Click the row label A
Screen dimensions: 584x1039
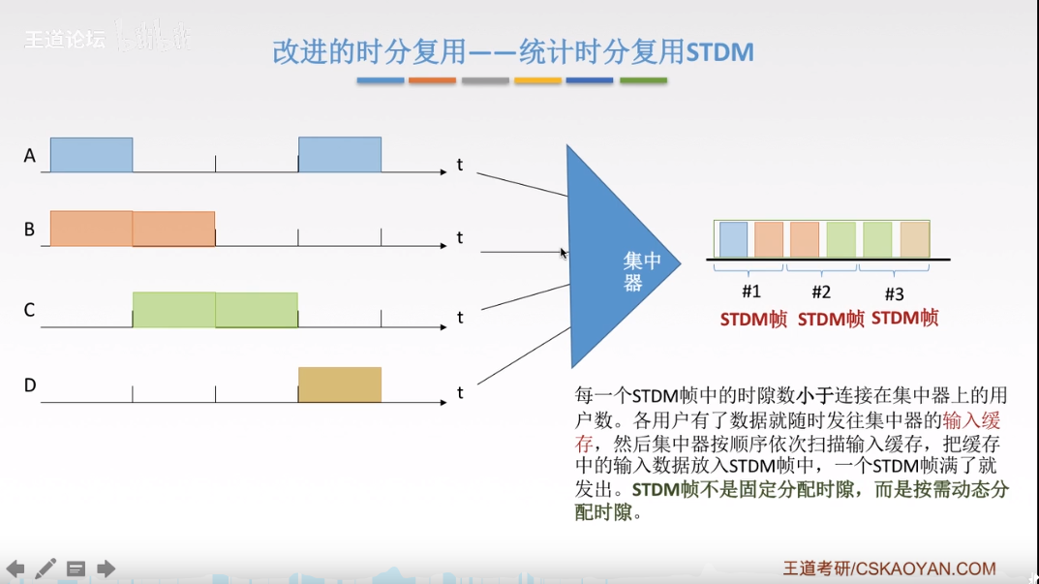coord(30,155)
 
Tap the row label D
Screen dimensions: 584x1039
coord(30,385)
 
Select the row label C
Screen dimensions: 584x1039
coord(30,310)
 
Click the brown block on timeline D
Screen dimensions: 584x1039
coord(339,384)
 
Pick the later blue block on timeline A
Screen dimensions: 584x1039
coord(339,155)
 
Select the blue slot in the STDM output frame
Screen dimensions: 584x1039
coord(733,239)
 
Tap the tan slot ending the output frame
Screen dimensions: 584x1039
coord(914,239)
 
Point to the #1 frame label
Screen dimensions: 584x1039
coord(751,292)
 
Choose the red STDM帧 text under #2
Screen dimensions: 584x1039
coord(831,319)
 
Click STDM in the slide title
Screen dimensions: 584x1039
coord(719,51)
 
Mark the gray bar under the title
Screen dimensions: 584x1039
coord(485,80)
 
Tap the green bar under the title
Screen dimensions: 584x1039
coord(643,80)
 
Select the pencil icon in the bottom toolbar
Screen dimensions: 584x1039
coord(46,569)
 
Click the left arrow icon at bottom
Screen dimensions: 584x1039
coord(15,569)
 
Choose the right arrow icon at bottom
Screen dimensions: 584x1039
coord(106,569)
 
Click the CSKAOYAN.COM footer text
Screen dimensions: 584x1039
coord(926,569)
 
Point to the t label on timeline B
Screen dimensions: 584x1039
coord(460,238)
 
